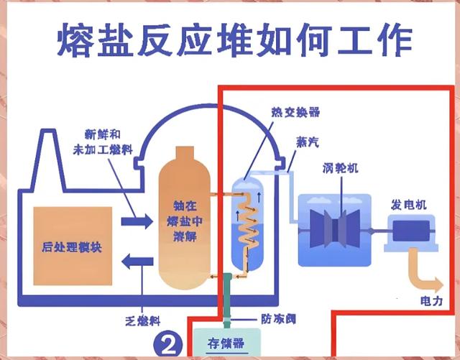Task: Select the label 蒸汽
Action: point(307,143)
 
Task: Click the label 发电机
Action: point(408,205)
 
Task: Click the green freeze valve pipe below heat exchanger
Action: point(228,300)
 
